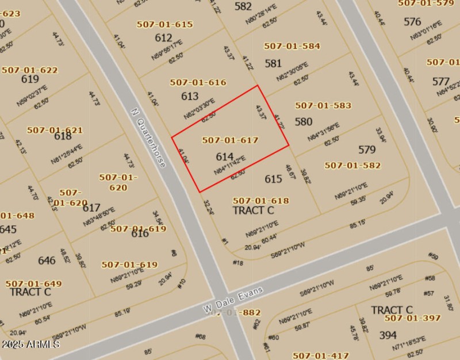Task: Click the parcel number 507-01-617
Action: [x=230, y=140]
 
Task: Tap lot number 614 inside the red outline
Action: [x=225, y=156]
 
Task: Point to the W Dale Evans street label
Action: [x=233, y=299]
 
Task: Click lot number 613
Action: [x=190, y=96]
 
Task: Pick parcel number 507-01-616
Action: [x=198, y=83]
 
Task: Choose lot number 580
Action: [x=304, y=121]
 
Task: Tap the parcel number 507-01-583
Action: [x=323, y=106]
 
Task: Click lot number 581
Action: [x=273, y=63]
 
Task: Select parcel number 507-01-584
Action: [x=292, y=46]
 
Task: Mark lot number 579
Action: [x=367, y=150]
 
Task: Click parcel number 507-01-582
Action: [x=352, y=166]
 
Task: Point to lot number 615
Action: [x=273, y=179]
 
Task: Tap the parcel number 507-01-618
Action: [x=260, y=201]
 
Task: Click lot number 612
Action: [x=163, y=38]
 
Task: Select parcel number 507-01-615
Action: [x=164, y=25]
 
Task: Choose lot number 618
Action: [x=63, y=136]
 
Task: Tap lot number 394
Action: [x=388, y=335]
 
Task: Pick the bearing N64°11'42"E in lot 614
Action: [x=230, y=164]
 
